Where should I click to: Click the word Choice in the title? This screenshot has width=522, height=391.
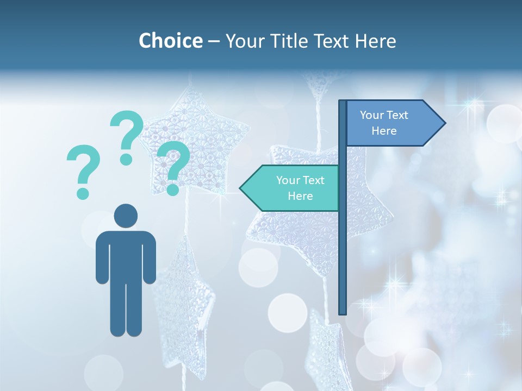click(170, 41)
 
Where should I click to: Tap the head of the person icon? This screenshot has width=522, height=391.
click(126, 216)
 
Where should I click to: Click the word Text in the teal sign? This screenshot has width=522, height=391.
click(313, 180)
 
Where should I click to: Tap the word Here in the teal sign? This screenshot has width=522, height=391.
click(300, 196)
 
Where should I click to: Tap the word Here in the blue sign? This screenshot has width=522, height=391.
click(384, 131)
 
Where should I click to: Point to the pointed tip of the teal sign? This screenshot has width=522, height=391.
click(241, 188)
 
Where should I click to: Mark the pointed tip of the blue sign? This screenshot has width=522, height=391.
click(445, 123)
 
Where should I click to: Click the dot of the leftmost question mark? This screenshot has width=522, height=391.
click(83, 193)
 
